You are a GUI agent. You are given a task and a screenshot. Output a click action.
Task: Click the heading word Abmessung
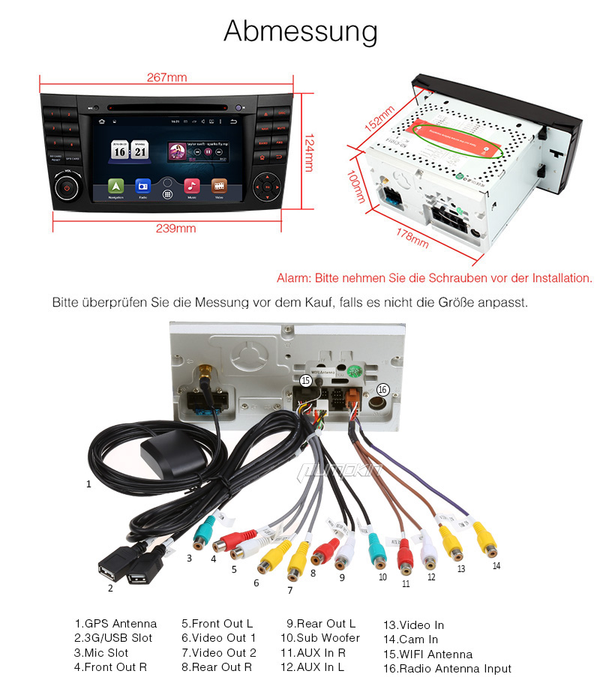pos(300,31)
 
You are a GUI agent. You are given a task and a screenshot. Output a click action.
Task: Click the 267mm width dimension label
pos(167,78)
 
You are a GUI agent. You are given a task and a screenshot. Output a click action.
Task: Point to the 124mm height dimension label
pos(307,153)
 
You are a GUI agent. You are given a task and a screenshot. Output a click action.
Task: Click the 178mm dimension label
pos(412,238)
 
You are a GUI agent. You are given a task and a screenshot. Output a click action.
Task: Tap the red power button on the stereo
pos(67,187)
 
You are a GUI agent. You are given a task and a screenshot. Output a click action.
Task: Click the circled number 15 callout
pos(305,381)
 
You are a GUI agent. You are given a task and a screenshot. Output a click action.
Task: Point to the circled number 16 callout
pos(382,389)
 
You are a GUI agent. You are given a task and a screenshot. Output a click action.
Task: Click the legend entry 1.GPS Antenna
pos(115,624)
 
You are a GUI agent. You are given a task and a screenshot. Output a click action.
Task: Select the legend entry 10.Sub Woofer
pos(320,638)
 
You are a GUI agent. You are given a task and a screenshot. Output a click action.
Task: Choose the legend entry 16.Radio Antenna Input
pos(447,669)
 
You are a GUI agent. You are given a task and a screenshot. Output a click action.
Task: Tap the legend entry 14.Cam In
pos(410,640)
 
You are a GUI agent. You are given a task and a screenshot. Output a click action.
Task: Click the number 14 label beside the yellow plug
pos(496,565)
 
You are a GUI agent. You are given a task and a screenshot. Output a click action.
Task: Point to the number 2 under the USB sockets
pos(110,588)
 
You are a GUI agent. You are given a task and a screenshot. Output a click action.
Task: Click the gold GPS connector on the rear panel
pos(203,372)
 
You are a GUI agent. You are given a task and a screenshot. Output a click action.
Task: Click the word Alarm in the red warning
pos(292,278)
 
